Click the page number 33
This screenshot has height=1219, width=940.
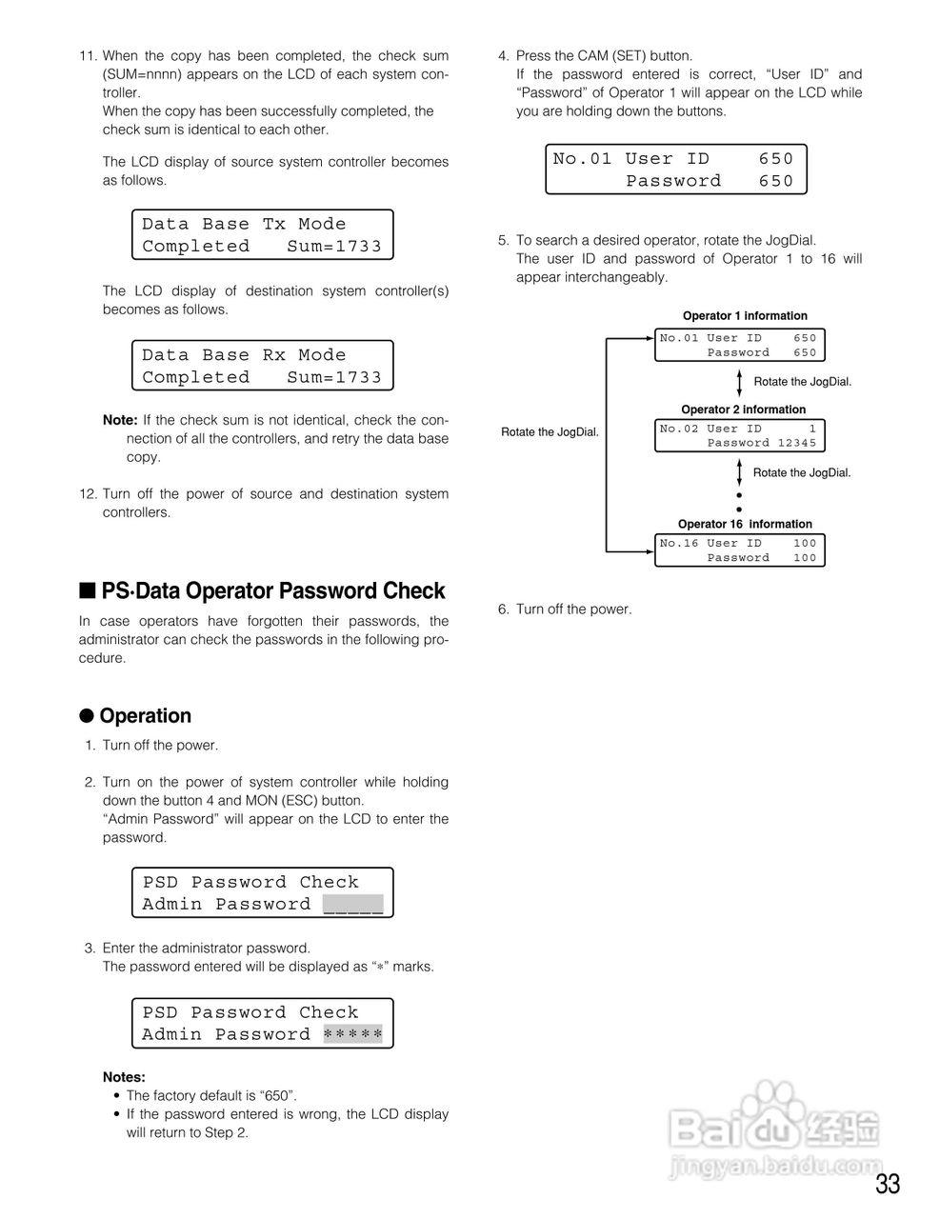(888, 1184)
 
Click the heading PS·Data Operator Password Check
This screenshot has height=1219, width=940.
(272, 591)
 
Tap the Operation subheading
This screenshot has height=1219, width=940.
(145, 716)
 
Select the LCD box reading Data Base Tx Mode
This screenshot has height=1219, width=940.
(262, 235)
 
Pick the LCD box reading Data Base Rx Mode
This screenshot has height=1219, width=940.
(262, 366)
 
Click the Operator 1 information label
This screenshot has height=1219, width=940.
(745, 316)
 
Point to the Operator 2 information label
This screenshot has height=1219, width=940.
(743, 410)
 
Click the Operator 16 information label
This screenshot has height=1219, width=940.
(745, 524)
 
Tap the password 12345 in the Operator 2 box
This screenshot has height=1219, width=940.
(797, 443)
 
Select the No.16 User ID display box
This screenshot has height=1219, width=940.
(739, 550)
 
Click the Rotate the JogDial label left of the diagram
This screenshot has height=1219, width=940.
(550, 432)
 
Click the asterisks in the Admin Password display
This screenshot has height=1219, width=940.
(352, 1034)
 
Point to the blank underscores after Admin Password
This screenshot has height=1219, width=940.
(352, 905)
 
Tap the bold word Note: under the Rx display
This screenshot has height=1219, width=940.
(120, 420)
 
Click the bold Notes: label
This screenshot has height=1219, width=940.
(124, 1077)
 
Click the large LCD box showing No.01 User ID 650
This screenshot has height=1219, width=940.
(675, 170)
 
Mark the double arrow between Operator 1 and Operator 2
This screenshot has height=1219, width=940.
(739, 381)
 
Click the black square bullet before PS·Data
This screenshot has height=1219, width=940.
(88, 591)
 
